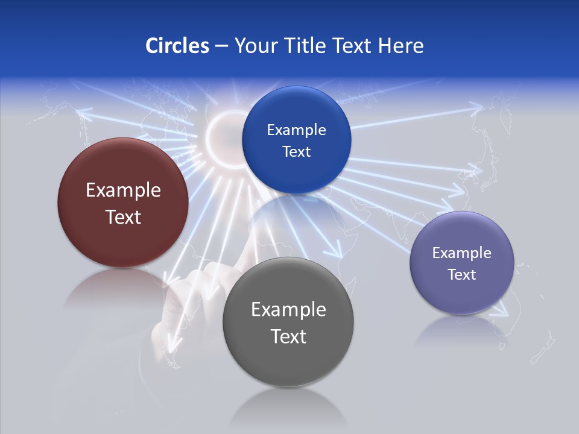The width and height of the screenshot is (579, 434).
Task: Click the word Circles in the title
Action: pyautogui.click(x=177, y=46)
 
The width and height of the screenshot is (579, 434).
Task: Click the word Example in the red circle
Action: pyautogui.click(x=123, y=190)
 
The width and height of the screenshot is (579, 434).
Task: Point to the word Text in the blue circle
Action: pyautogui.click(x=296, y=152)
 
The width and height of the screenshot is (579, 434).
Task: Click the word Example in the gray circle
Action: pyautogui.click(x=288, y=310)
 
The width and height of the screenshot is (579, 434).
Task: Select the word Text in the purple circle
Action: pyautogui.click(x=462, y=275)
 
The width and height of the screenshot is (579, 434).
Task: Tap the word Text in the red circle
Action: pyautogui.click(x=123, y=217)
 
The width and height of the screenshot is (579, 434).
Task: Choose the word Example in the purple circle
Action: pyautogui.click(x=462, y=253)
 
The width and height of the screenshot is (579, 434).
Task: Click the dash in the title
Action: pyautogui.click(x=221, y=46)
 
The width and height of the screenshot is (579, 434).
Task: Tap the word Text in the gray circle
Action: pyautogui.click(x=288, y=336)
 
